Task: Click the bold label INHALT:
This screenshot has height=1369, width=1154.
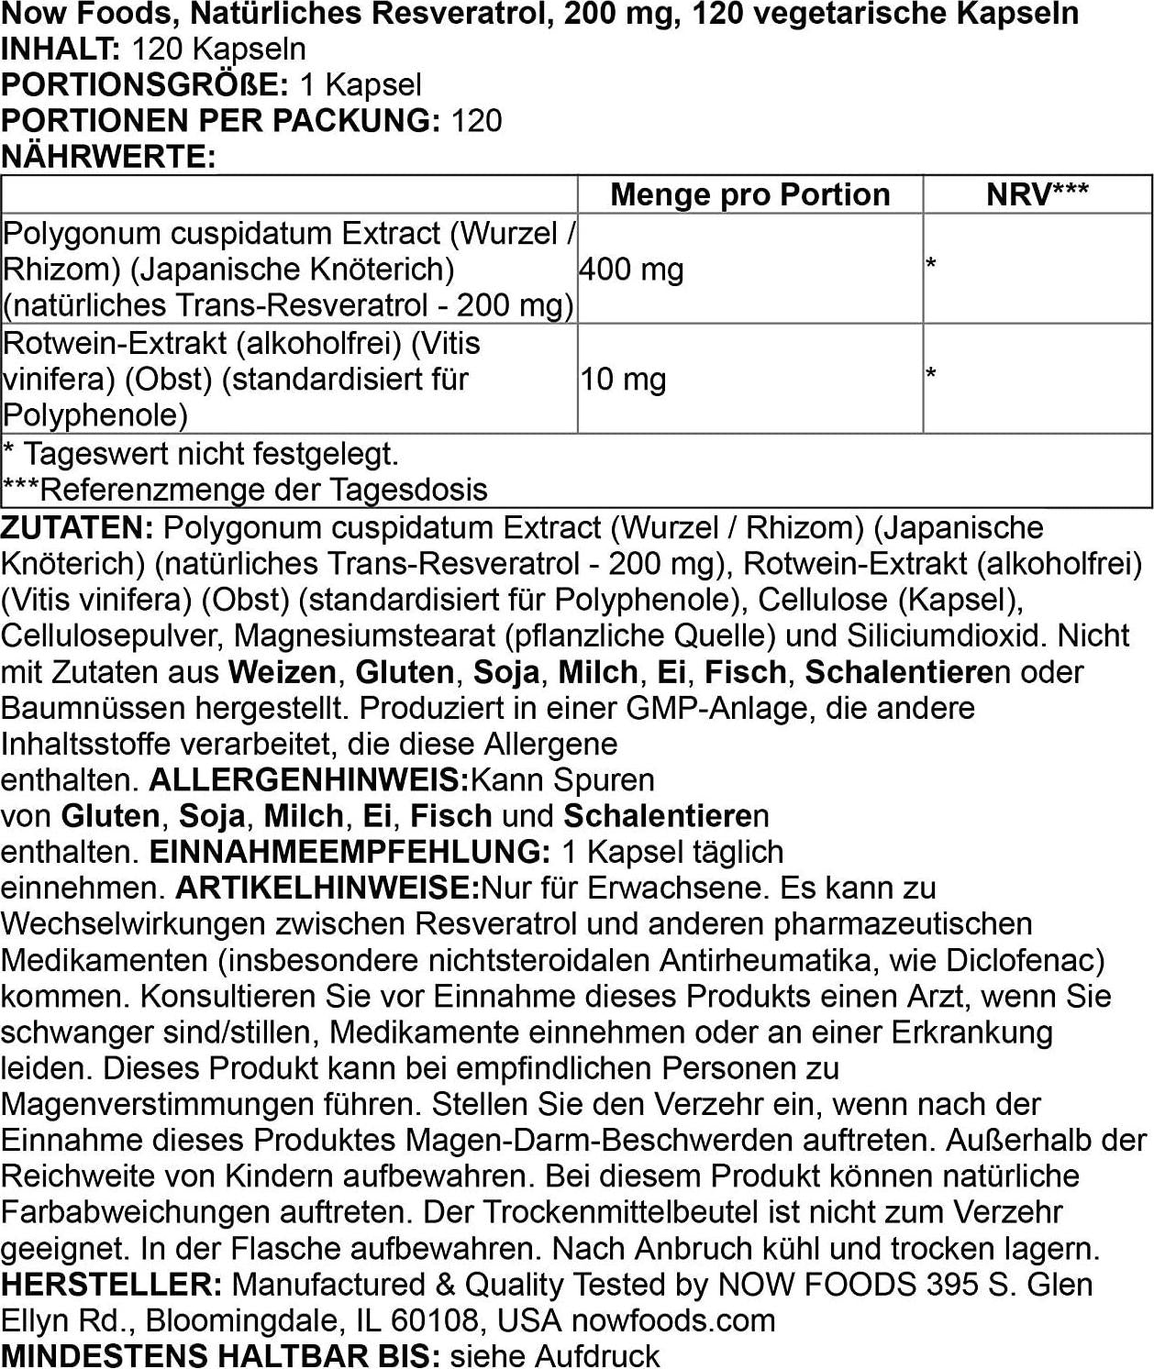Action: pos(61,50)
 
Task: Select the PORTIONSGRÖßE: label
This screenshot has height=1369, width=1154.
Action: pos(145,85)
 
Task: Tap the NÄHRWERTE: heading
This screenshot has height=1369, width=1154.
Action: pos(108,157)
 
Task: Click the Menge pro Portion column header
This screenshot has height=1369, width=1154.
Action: pos(749,194)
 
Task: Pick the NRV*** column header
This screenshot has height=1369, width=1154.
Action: pos(1037,194)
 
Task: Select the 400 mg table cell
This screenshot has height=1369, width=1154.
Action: pos(631,270)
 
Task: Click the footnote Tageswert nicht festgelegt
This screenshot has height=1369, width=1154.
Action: pos(210,454)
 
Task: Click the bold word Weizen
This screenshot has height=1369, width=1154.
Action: pos(283,672)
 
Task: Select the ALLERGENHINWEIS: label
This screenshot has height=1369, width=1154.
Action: pos(309,780)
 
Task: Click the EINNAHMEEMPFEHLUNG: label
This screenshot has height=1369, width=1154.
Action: pos(350,852)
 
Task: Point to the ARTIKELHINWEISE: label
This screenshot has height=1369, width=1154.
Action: pos(327,888)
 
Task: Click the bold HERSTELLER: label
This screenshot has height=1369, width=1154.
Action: pos(111,1285)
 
